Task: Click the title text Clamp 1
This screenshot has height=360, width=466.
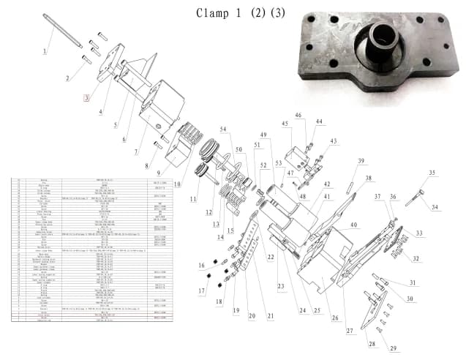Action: click(x=219, y=14)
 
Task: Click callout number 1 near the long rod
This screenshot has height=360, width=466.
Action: click(x=45, y=50)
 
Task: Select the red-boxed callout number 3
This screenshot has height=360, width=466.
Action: click(x=87, y=98)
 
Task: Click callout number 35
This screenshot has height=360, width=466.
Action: click(x=432, y=173)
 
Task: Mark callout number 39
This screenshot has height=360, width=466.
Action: click(x=360, y=161)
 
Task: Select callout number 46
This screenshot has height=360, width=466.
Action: click(x=298, y=115)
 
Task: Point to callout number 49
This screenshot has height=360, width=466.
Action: click(x=263, y=135)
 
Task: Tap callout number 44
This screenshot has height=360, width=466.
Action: click(x=319, y=121)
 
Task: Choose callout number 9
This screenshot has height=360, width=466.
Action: click(x=158, y=172)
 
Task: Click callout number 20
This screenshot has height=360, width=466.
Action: click(x=252, y=315)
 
